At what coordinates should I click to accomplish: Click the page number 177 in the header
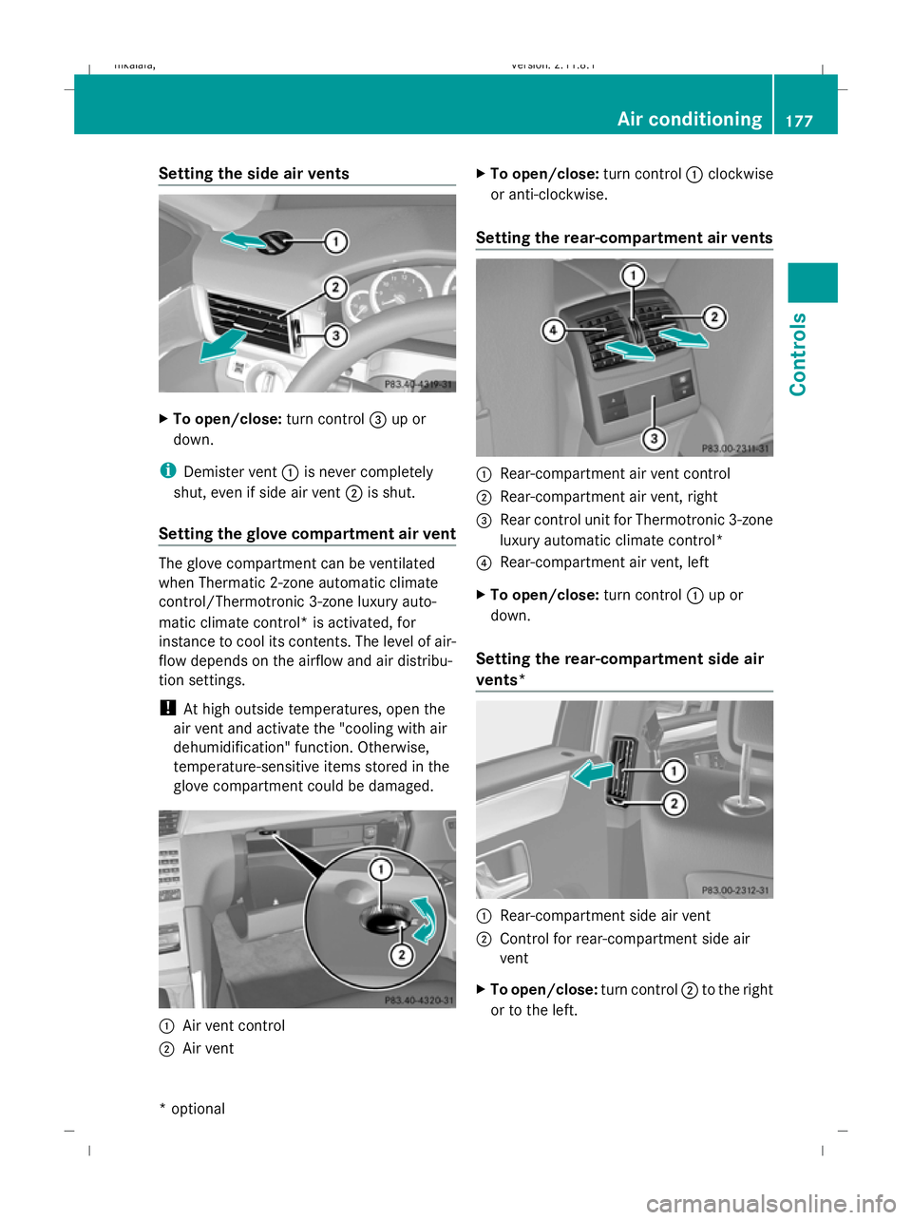(799, 121)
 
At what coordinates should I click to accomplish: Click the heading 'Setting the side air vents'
(254, 173)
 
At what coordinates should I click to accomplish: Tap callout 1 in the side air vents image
(335, 242)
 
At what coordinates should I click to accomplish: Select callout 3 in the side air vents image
(335, 335)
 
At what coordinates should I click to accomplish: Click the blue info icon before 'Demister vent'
(167, 471)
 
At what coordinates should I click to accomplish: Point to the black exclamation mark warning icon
(166, 708)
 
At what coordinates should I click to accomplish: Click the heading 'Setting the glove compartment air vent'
(307, 533)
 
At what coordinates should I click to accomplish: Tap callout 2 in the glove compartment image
(402, 954)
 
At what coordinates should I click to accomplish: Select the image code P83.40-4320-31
(418, 1000)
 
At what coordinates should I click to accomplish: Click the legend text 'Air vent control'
(234, 1025)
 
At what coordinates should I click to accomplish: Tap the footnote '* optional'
(192, 1108)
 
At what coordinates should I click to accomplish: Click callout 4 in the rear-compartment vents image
(553, 330)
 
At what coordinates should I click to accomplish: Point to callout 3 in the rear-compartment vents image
(654, 438)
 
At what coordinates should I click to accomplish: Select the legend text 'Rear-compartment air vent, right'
(608, 496)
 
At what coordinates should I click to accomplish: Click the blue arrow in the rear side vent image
(592, 774)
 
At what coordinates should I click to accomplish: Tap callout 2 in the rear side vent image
(674, 804)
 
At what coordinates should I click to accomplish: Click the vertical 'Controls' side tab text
(798, 353)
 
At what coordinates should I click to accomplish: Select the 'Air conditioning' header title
(689, 119)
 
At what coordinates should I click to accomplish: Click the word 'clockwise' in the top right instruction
(740, 174)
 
